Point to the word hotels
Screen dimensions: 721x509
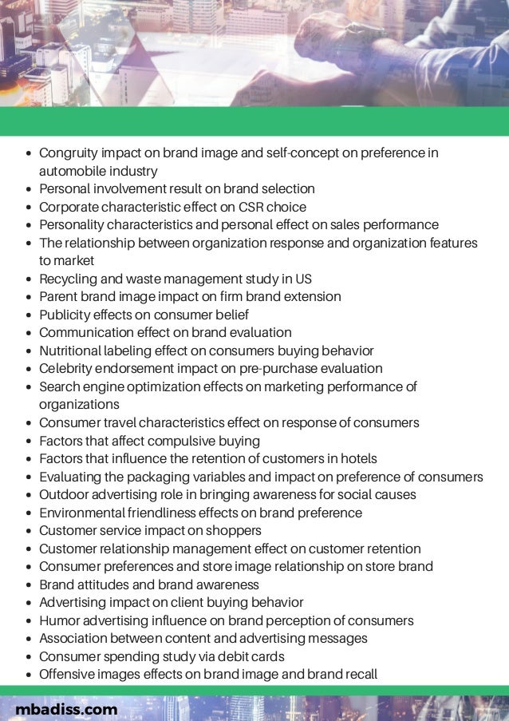358,458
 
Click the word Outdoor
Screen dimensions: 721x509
64,494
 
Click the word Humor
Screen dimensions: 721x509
58,620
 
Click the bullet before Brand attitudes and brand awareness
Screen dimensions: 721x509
30,585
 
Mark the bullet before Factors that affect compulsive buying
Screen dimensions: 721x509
30,442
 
